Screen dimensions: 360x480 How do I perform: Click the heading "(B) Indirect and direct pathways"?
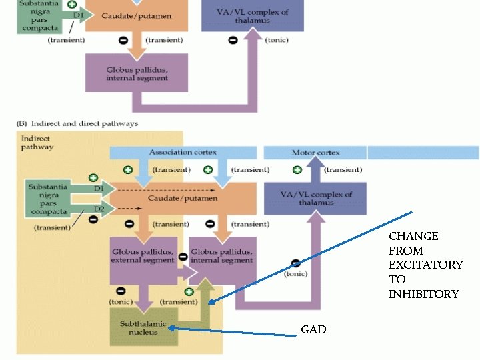[77, 123]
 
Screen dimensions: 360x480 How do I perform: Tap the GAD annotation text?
[313, 329]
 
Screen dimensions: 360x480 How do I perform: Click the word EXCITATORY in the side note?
[425, 265]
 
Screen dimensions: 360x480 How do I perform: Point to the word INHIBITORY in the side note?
[424, 294]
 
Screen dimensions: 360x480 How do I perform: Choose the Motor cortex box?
[315, 153]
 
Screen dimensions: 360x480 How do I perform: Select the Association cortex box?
[182, 153]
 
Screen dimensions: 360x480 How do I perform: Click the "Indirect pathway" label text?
[37, 142]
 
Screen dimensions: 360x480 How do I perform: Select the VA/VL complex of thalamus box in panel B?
[316, 199]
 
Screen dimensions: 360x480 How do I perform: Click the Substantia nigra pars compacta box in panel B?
[48, 199]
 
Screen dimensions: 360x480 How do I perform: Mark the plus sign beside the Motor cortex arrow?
[297, 170]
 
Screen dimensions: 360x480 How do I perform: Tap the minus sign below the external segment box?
[121, 291]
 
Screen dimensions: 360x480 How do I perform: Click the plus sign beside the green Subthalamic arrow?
[189, 291]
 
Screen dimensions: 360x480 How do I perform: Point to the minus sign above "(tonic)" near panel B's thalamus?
[295, 263]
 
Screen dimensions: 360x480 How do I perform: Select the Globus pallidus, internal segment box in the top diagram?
[137, 73]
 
